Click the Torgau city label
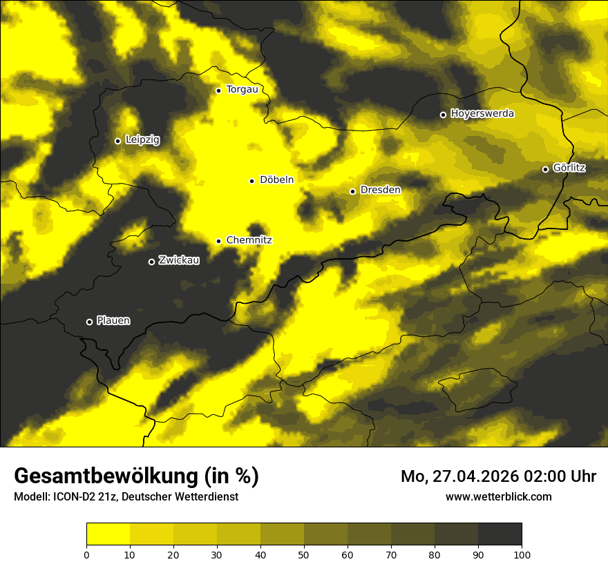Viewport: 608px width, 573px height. point(242,90)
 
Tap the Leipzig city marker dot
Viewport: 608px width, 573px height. point(117,141)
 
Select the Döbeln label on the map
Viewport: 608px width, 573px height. point(276,180)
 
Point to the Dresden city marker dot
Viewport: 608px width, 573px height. point(352,191)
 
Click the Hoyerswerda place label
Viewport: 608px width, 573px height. point(482,114)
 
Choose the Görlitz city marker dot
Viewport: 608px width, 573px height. point(545,169)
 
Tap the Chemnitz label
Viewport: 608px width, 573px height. point(249,240)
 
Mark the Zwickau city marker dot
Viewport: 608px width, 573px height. point(151,262)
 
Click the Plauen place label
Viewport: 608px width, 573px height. point(113,321)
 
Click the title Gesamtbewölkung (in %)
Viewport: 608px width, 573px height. point(136,476)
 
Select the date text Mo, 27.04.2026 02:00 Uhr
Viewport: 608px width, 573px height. point(498,476)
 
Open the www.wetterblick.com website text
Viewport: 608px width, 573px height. point(498,496)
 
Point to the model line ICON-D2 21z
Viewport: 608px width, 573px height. point(126,496)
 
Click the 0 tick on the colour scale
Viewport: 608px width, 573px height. point(86,554)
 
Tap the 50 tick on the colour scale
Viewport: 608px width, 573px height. point(304,554)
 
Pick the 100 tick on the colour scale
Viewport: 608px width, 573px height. point(522,554)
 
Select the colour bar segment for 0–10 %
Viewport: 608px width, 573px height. point(108,534)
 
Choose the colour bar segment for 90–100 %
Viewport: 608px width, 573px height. point(500,534)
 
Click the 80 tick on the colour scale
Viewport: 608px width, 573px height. point(435,554)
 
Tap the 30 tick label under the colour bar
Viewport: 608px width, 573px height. point(217,554)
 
